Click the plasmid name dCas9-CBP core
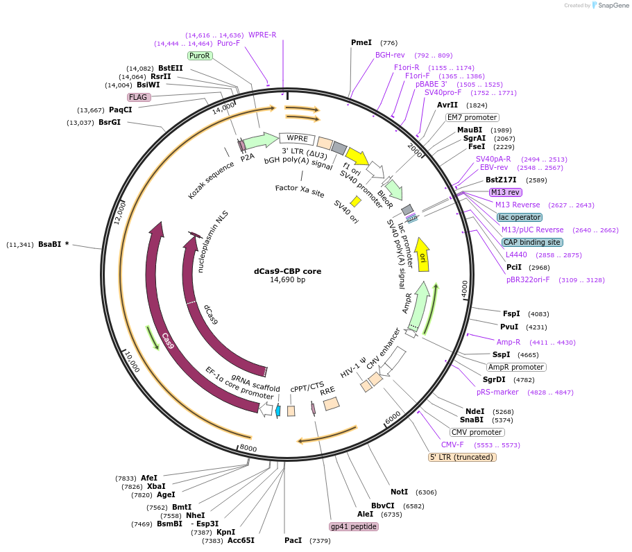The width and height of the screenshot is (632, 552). (x=287, y=271)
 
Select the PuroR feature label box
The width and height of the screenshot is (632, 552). (x=200, y=55)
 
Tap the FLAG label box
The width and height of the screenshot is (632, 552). (x=139, y=97)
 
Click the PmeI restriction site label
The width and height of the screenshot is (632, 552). (x=361, y=42)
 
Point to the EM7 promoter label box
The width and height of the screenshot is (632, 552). (x=472, y=117)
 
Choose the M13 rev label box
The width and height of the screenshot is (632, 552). (x=505, y=192)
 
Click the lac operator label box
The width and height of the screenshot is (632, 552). (x=520, y=217)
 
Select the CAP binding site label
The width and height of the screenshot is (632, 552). (x=533, y=242)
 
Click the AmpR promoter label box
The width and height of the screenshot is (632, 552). (x=515, y=367)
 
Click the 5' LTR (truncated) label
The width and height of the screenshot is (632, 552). (x=462, y=457)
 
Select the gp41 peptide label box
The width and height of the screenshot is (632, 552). (x=354, y=526)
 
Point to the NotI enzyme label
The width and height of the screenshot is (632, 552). (x=400, y=492)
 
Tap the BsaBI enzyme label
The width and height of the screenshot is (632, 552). (x=52, y=244)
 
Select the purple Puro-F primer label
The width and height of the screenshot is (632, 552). (x=228, y=43)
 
